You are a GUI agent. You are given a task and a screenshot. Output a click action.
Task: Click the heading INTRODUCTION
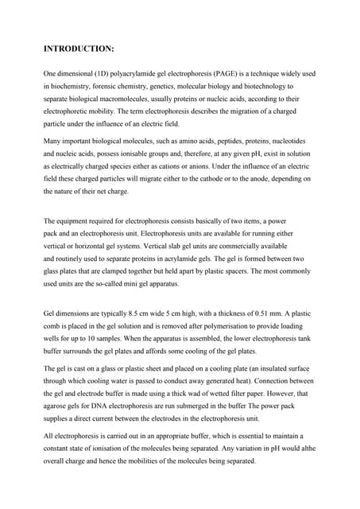pyautogui.click(x=79, y=49)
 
